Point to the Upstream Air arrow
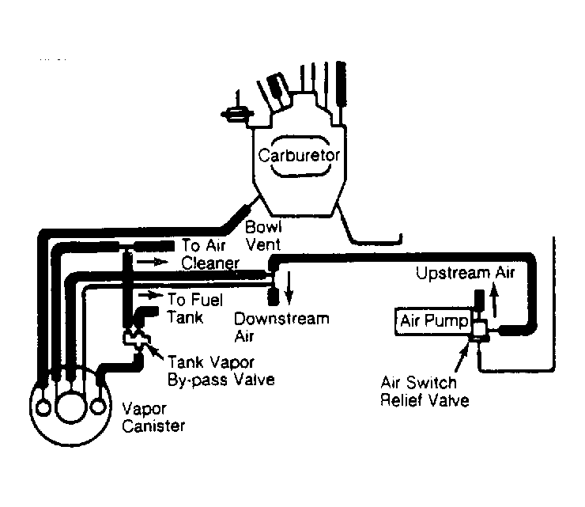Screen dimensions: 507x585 (x=496, y=301)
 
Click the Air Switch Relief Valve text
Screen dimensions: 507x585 (x=423, y=391)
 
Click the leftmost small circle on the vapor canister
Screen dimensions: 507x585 (x=44, y=406)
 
